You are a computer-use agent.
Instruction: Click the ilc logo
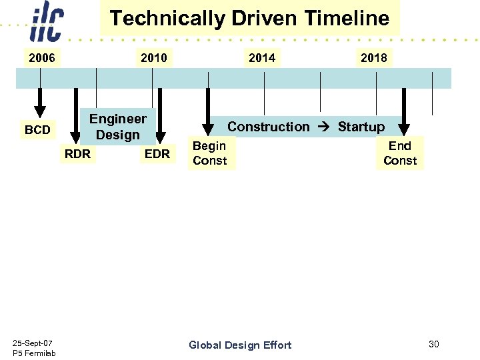[x=47, y=23]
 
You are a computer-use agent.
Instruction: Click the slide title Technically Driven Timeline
[x=249, y=18]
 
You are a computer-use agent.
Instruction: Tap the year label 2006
[x=41, y=58]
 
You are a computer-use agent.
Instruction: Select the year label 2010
[x=154, y=58]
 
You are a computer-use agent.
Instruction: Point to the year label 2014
[x=261, y=58]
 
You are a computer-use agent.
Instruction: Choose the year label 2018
[x=373, y=58]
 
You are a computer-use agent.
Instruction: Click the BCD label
[x=37, y=130]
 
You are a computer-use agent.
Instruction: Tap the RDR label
[x=77, y=154]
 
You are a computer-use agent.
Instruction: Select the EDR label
[x=157, y=154]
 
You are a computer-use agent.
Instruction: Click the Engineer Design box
[x=118, y=127]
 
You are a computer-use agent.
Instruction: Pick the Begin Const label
[x=210, y=153]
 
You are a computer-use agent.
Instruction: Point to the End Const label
[x=400, y=153]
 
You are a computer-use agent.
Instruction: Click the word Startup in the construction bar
[x=361, y=127]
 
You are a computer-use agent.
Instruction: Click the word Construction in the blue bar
[x=269, y=127]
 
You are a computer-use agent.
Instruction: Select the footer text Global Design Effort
[x=240, y=345]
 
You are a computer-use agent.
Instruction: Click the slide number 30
[x=434, y=344]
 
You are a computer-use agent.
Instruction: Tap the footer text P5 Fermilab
[x=34, y=353]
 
